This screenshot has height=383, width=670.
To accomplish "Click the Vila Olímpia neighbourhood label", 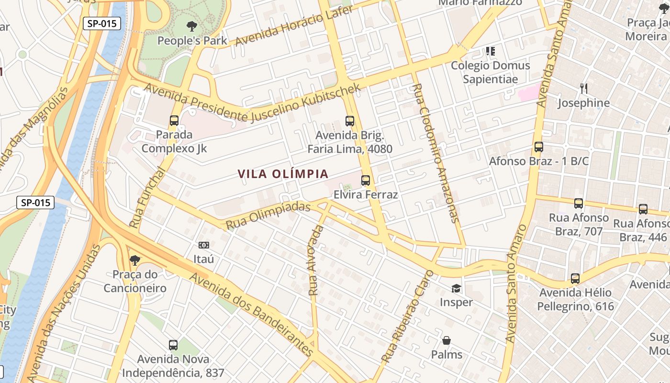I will [x=283, y=174].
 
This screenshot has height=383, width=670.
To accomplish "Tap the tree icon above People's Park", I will [x=192, y=26].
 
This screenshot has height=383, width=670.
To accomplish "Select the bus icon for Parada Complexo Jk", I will [x=174, y=121].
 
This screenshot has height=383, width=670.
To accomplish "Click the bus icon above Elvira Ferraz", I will [x=366, y=180].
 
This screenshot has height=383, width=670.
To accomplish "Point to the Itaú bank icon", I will [x=204, y=245].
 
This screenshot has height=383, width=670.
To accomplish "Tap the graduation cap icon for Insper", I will [x=456, y=288].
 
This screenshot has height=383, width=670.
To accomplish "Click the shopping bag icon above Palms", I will [x=447, y=340].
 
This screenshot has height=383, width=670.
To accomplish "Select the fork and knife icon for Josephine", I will [x=583, y=89].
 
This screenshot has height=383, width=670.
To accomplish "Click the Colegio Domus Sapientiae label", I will [x=491, y=72].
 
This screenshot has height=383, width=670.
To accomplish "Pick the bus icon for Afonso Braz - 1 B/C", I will [x=539, y=147].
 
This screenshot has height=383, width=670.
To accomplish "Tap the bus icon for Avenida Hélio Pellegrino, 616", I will [x=575, y=278].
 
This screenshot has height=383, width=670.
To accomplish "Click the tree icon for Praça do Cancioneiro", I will [x=135, y=260].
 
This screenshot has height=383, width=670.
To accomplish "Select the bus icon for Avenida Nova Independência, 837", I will [x=173, y=345].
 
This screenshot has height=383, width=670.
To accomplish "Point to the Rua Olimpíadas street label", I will [x=268, y=216].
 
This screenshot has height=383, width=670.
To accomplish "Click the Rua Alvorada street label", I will [x=316, y=260].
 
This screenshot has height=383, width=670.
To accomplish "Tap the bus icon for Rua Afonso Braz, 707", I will [x=579, y=203].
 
